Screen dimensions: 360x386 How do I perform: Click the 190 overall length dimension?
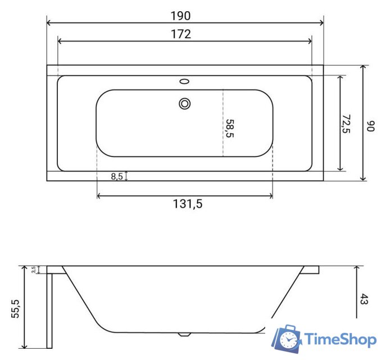tap(185, 15)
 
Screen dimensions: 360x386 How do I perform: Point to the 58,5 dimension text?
tap(229, 128)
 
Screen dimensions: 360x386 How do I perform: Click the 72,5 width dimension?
tap(347, 124)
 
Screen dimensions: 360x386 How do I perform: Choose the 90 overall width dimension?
tap(370, 125)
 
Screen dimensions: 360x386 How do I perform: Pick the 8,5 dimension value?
tap(117, 176)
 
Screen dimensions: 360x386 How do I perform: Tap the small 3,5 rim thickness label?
tap(34, 269)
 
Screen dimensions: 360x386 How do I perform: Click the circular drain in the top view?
tap(184, 103)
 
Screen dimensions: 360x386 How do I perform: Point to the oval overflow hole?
tap(184, 82)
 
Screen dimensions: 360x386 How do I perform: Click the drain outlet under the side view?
tap(184, 334)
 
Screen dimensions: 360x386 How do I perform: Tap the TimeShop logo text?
tap(339, 339)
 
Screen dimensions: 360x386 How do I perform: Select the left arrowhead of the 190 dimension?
tap(49, 23)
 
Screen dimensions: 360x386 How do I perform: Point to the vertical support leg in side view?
tap(49, 309)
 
